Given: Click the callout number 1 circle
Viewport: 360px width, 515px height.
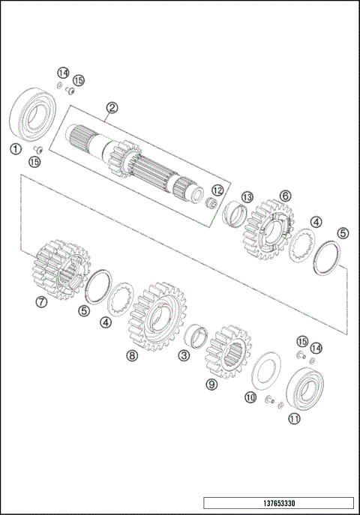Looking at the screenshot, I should (x=15, y=148).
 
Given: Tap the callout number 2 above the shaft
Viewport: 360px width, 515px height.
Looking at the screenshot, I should (x=111, y=108).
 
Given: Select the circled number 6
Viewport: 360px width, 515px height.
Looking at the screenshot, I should (x=285, y=195).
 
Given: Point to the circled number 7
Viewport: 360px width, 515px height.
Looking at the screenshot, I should (x=41, y=302).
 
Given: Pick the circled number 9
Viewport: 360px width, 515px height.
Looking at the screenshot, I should (x=211, y=385).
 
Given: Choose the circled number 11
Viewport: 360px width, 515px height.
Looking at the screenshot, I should (x=294, y=420).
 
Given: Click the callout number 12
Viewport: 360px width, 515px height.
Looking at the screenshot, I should (x=217, y=190).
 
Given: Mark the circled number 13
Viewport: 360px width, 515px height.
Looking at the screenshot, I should (x=247, y=197).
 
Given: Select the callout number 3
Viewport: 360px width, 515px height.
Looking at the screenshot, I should (x=183, y=355).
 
